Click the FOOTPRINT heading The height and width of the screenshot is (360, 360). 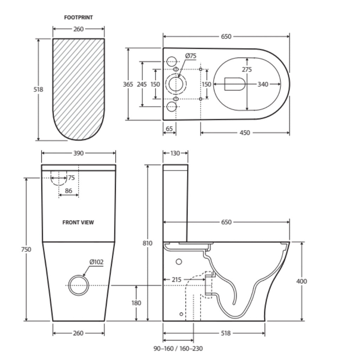coord(78,17)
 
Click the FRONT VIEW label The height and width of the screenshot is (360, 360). coord(78,222)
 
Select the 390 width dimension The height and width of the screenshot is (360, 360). coord(78,153)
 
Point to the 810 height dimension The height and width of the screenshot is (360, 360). coord(148,243)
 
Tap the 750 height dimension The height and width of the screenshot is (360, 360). coord(26,249)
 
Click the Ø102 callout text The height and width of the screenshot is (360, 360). coord(96,262)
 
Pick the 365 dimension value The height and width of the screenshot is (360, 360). coord(128,84)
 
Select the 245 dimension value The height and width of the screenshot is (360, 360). coord(142,84)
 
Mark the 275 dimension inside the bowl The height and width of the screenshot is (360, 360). coord(247,70)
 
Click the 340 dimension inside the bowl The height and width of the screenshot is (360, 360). coord(263,84)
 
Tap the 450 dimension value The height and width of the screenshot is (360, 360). coord(245,133)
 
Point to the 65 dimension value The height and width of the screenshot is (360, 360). coord(169,129)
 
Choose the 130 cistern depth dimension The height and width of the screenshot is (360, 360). coord(175,153)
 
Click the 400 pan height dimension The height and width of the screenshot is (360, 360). coord(302,281)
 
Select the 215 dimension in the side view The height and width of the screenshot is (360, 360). coord(177,280)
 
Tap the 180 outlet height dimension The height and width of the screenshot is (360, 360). coord(136,303)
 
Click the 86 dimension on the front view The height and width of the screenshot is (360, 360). coord(69,191)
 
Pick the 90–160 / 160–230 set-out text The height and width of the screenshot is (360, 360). coord(178,348)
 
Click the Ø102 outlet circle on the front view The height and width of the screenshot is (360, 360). coord(79,285)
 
